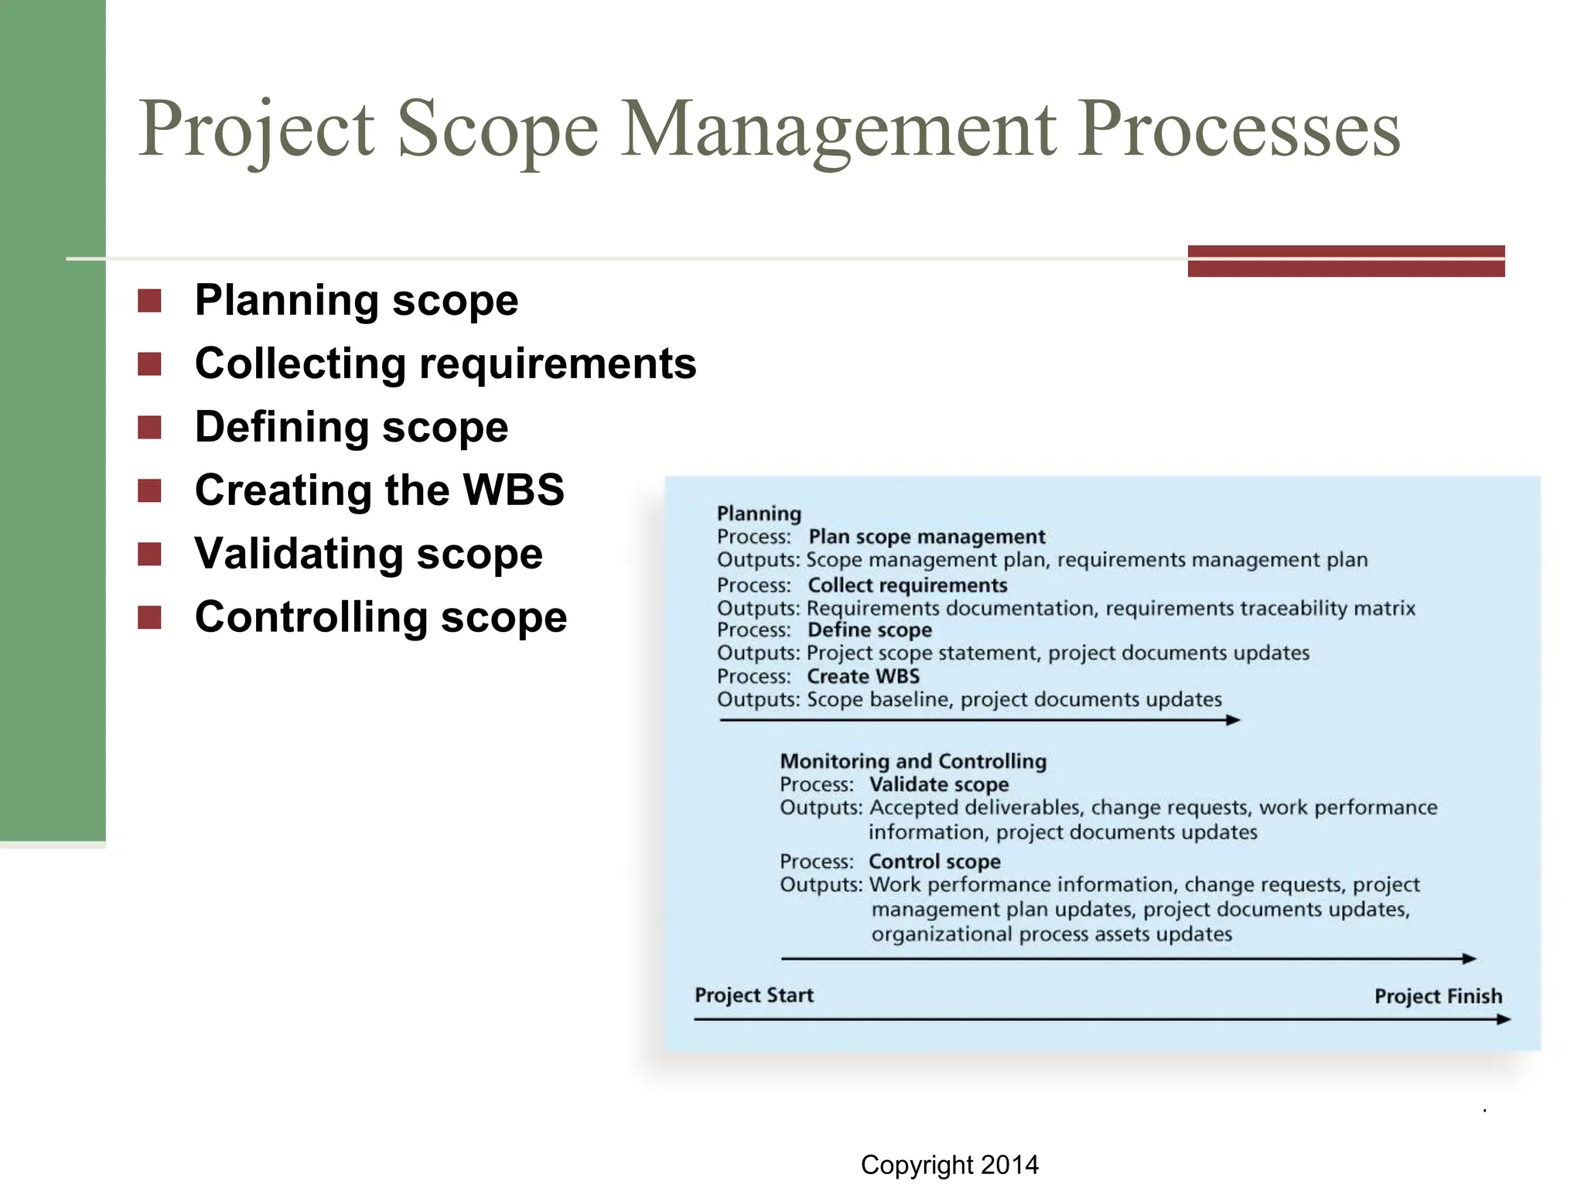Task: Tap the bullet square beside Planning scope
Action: click(x=149, y=301)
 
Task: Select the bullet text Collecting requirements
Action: click(x=445, y=364)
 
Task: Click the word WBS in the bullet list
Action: click(x=513, y=490)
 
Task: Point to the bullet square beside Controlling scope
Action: click(x=149, y=617)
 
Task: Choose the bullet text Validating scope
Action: click(x=368, y=554)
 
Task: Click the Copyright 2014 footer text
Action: click(x=949, y=1165)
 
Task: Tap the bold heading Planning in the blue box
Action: click(x=758, y=514)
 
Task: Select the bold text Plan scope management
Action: click(x=926, y=537)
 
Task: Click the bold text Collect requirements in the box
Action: click(x=907, y=585)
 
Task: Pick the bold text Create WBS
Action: click(x=863, y=677)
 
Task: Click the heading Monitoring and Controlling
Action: click(x=913, y=762)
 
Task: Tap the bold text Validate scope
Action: click(x=938, y=785)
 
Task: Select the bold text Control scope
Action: click(x=934, y=862)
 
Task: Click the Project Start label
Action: click(x=753, y=995)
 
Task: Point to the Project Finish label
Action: click(x=1438, y=996)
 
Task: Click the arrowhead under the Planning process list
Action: click(x=1234, y=720)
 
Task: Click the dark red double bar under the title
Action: click(x=1346, y=261)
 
